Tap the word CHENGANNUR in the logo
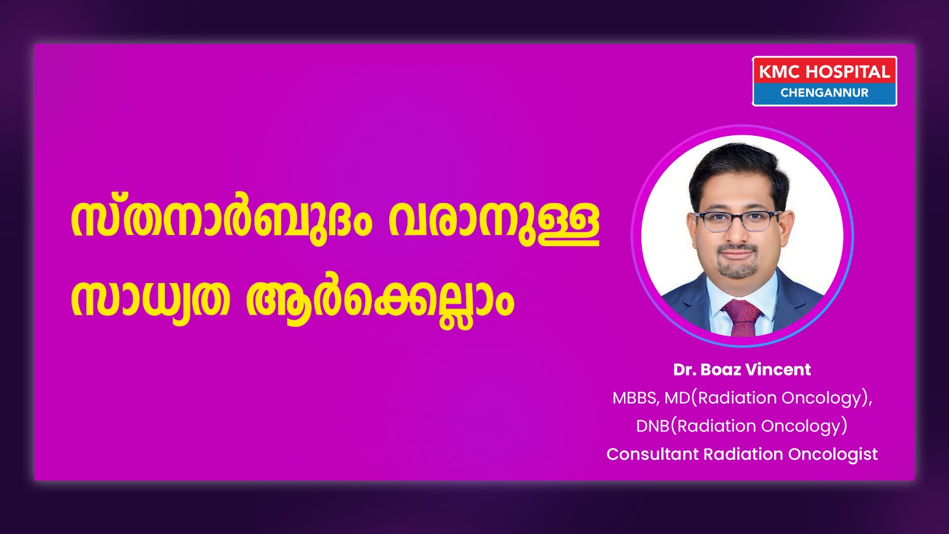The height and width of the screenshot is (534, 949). (x=824, y=93)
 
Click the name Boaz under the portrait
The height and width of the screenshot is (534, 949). (x=721, y=370)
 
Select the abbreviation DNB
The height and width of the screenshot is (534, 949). (x=653, y=426)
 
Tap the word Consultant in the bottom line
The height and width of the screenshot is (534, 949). (x=653, y=454)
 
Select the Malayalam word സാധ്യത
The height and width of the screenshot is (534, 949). (x=150, y=300)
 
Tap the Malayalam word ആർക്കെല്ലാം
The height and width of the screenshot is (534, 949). (x=380, y=301)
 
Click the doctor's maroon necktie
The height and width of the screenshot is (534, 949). (x=742, y=317)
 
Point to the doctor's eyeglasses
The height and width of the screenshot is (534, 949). (x=738, y=221)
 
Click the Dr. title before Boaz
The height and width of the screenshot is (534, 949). (x=685, y=370)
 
